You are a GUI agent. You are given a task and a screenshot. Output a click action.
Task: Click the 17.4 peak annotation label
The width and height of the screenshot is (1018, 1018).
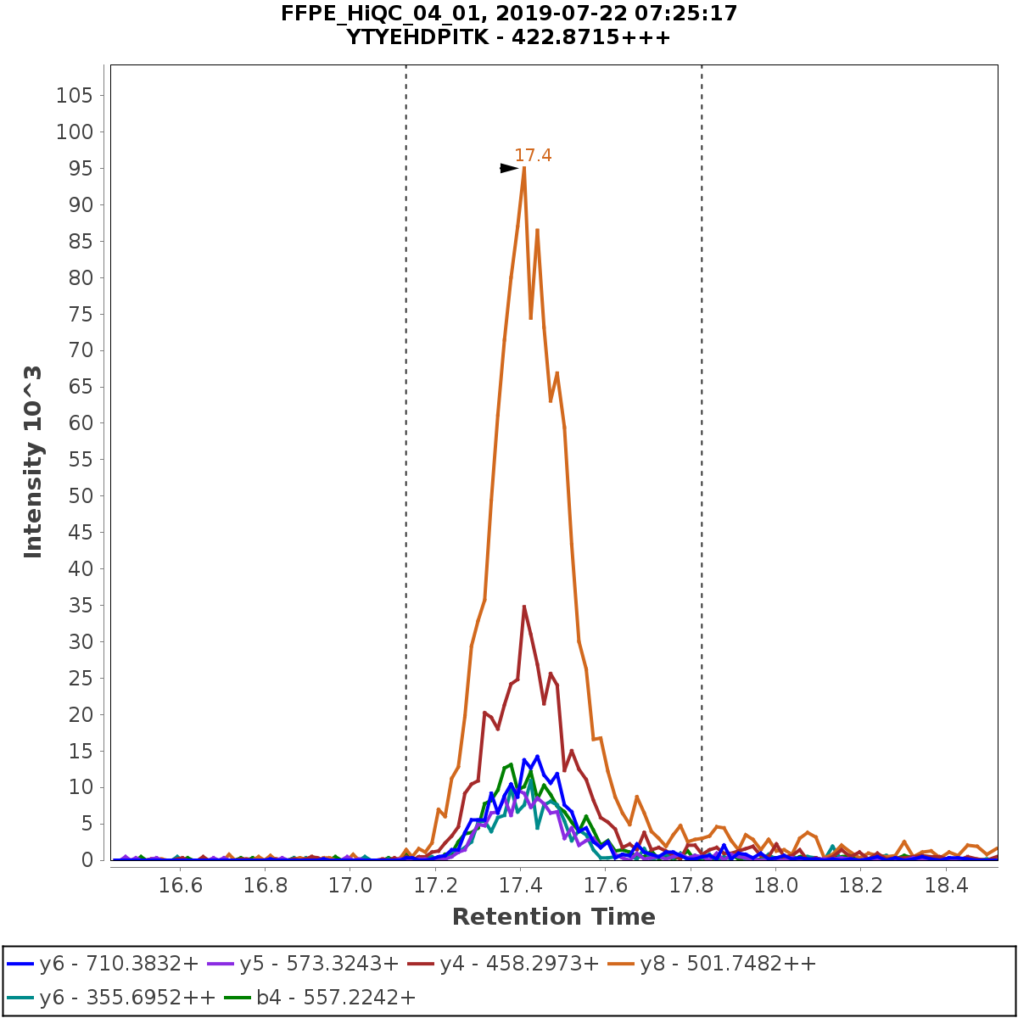point(533,155)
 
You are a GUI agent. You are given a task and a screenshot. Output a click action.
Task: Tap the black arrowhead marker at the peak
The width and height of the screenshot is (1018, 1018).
point(508,168)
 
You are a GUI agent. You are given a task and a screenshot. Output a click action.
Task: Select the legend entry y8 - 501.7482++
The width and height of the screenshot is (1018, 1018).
point(728,964)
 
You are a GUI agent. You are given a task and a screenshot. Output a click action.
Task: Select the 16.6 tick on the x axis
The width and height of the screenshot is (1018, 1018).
point(181,886)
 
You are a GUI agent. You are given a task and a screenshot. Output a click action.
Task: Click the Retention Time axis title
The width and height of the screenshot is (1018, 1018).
point(553,917)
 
